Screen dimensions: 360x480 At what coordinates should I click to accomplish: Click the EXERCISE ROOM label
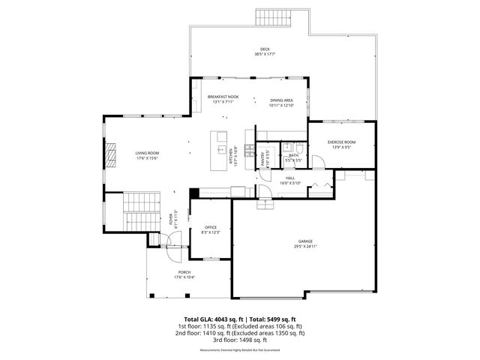pos(341,142)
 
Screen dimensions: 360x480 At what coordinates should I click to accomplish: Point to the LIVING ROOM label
pos(147,153)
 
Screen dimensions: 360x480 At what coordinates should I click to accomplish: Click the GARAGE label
pos(305,241)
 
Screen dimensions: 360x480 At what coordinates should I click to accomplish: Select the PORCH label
pos(184,272)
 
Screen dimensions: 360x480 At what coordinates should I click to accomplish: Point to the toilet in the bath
pos(298,147)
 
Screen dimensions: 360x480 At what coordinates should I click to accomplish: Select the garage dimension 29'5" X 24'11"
pos(305,246)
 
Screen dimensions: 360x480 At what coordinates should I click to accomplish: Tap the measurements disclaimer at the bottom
pos(240,350)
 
